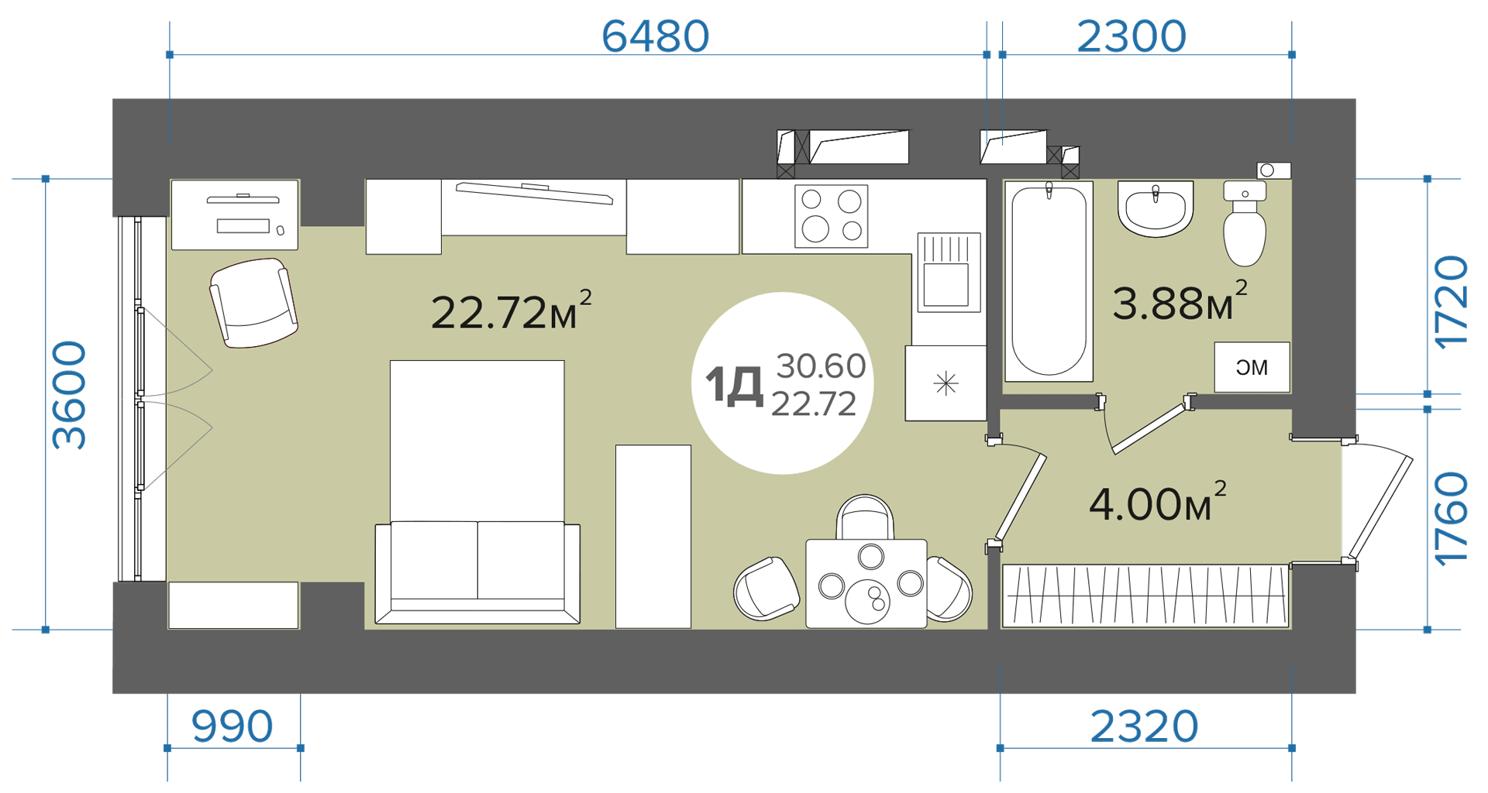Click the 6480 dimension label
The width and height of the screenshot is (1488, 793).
point(655,36)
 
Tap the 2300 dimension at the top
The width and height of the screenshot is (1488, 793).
point(1131,36)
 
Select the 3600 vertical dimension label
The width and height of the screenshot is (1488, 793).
point(69,395)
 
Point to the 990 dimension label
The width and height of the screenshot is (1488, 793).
point(232,726)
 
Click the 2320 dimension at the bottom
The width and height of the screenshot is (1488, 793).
point(1144,726)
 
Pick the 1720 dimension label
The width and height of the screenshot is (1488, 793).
point(1451,303)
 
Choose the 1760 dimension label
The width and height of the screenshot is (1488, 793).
point(1451,520)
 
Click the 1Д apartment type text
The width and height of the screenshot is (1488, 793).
point(734,386)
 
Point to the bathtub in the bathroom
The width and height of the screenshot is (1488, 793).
point(1049,281)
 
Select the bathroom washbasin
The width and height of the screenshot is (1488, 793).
point(1156,209)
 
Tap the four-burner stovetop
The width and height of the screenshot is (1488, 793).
point(831,216)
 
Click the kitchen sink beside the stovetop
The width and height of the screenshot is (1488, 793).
point(949,272)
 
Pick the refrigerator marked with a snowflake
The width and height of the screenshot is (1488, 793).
point(945,383)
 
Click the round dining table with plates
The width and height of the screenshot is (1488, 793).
point(866,583)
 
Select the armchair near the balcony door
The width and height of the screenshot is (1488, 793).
point(253,303)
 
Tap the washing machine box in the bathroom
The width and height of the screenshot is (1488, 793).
point(1252,367)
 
